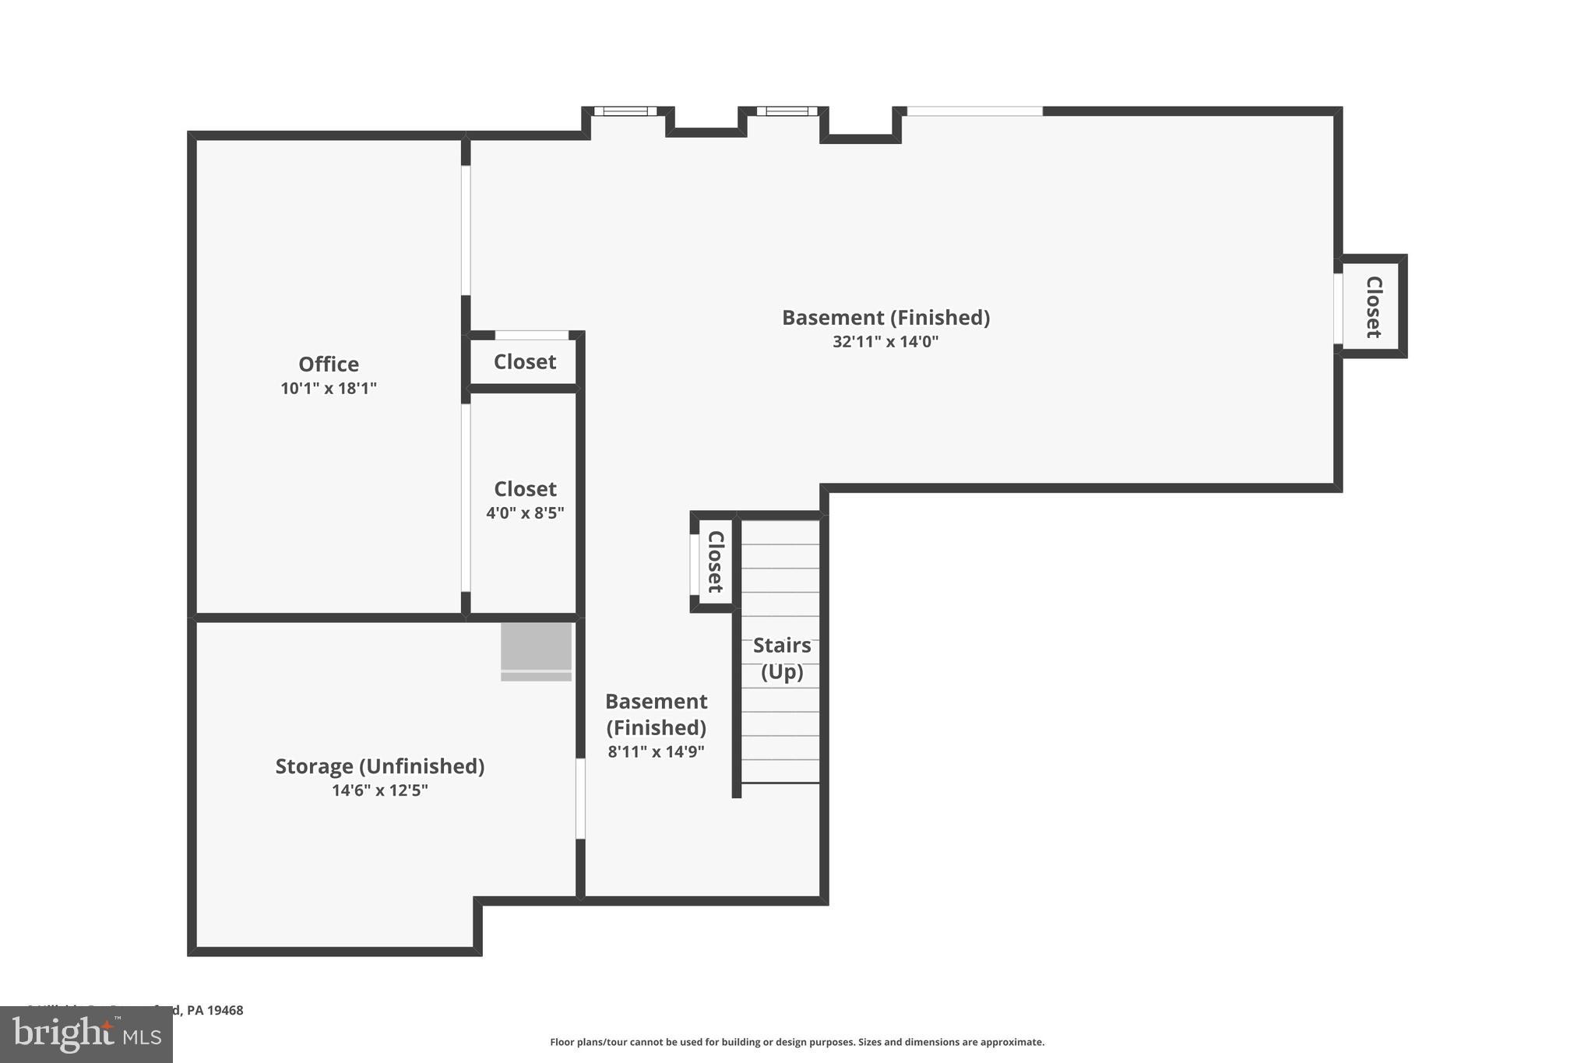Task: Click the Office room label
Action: point(329,364)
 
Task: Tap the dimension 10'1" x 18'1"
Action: point(329,388)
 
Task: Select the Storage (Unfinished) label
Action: point(380,766)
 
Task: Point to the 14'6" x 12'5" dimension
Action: point(380,790)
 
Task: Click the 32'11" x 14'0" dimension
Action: point(886,342)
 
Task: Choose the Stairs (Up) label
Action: point(782,658)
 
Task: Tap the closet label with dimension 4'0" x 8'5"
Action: point(525,489)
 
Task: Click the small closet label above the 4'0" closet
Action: point(525,362)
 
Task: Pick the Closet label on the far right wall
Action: point(1374,307)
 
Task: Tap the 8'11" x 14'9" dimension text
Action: point(656,751)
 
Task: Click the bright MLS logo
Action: point(86,1034)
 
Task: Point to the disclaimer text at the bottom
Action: point(797,1042)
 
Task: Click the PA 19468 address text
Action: point(215,1010)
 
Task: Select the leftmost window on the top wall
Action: point(625,111)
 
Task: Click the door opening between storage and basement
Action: point(580,798)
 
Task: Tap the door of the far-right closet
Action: point(1338,308)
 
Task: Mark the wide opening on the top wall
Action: point(974,111)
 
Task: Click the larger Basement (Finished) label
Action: point(886,318)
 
